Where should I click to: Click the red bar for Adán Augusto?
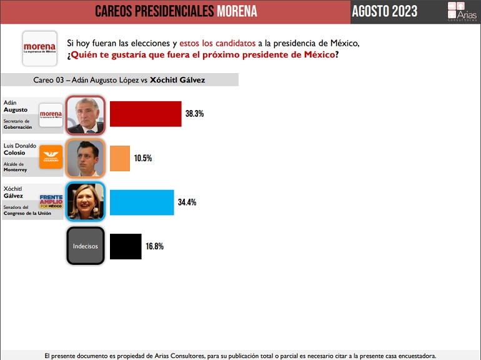(x=145, y=114)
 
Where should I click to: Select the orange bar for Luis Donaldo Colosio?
(x=119, y=158)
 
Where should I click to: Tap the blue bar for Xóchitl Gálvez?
(x=141, y=202)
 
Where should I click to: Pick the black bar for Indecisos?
(x=125, y=246)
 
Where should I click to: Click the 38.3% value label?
(x=194, y=114)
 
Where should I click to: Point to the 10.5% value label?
(x=142, y=158)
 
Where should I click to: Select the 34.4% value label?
(x=187, y=202)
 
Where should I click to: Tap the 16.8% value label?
(x=154, y=246)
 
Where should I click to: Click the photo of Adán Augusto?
(x=85, y=114)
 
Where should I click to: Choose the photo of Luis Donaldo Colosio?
(x=85, y=158)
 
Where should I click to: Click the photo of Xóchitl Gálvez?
(x=85, y=202)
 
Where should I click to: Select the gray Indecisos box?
(x=85, y=246)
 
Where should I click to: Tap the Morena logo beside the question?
(x=39, y=48)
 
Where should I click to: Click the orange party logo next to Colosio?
(x=51, y=157)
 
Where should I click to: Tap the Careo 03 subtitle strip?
(x=119, y=80)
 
